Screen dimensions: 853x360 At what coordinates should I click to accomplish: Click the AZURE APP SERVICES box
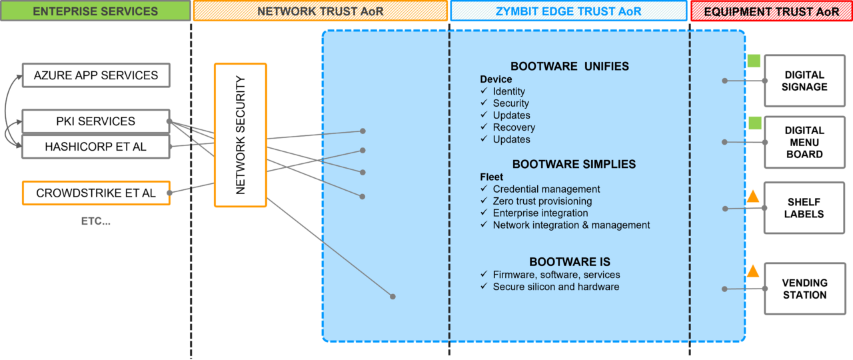[x=96, y=75]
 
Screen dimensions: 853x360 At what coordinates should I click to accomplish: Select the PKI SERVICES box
[x=96, y=121]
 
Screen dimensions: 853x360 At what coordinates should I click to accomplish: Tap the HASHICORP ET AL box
[x=96, y=147]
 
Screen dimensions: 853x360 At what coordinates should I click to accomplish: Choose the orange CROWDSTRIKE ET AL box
[x=96, y=193]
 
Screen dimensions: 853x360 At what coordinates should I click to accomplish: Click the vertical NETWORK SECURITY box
[x=241, y=135]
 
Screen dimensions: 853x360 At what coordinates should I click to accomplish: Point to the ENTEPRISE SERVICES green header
[x=95, y=11]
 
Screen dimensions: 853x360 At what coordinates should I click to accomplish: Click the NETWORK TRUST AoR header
[x=321, y=11]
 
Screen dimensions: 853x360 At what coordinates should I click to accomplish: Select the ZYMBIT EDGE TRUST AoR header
[x=568, y=11]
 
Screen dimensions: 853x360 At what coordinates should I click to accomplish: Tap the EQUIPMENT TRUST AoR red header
[x=772, y=11]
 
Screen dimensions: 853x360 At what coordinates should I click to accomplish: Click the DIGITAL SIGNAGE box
[x=804, y=81]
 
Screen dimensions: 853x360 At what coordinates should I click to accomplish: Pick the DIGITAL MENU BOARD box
[x=804, y=142]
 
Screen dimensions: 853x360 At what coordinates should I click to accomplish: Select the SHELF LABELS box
[x=804, y=208]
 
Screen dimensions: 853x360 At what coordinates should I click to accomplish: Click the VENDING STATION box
[x=804, y=289]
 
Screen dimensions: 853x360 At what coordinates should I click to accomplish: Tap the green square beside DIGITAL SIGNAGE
[x=754, y=61]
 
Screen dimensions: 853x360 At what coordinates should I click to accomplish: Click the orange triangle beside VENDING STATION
[x=753, y=271]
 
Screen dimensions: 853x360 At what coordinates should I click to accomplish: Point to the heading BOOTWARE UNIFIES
[x=570, y=66]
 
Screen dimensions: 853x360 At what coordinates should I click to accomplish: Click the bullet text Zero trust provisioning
[x=542, y=201]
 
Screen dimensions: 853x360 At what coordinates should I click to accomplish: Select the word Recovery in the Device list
[x=514, y=127]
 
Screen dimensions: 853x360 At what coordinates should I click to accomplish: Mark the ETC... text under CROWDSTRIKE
[x=96, y=221]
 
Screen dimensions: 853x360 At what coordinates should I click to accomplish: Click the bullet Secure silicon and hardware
[x=556, y=287]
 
